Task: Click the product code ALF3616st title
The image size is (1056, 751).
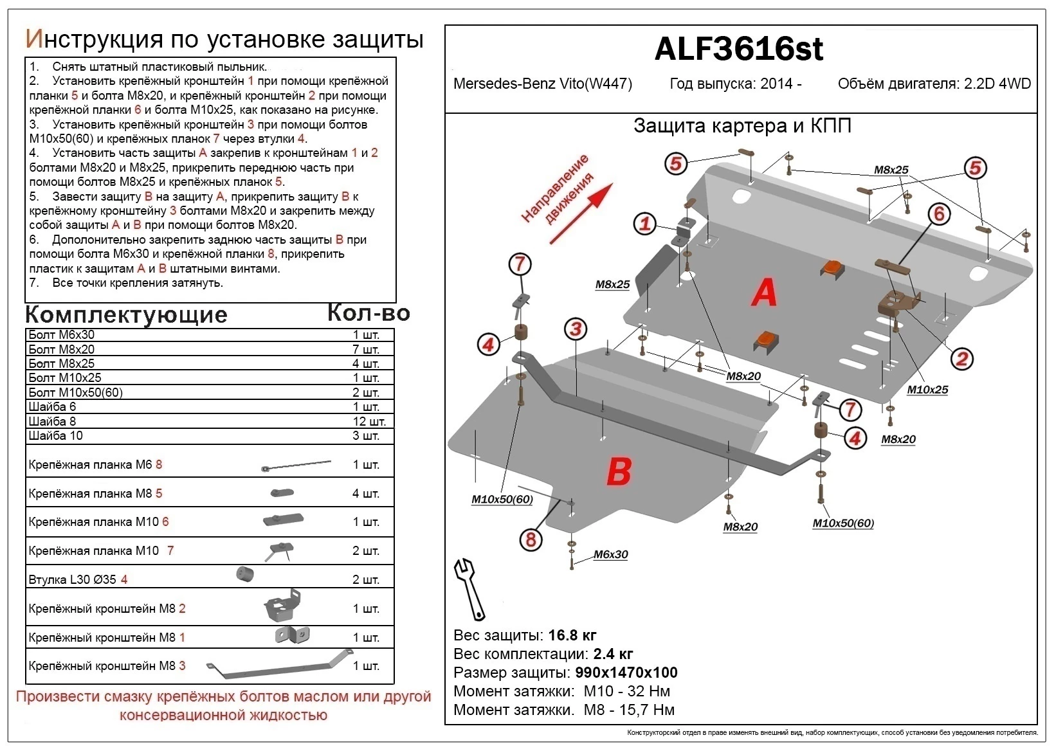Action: [x=738, y=49]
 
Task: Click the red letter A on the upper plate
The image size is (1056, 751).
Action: [x=764, y=293]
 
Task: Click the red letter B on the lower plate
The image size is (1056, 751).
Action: [x=619, y=471]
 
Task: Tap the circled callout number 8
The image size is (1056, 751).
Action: [x=531, y=539]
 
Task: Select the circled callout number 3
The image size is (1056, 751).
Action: [x=576, y=330]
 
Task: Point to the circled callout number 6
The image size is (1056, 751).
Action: [x=939, y=213]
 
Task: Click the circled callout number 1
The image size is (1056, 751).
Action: [x=645, y=224]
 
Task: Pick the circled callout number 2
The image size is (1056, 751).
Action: [x=962, y=359]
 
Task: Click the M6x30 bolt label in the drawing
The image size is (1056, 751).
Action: [x=610, y=554]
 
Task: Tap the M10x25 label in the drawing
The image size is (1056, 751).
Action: [x=927, y=390]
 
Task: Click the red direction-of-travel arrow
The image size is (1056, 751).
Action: [x=581, y=214]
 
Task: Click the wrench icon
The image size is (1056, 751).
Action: [x=469, y=588]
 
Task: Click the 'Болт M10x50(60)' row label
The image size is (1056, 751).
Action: [x=75, y=392]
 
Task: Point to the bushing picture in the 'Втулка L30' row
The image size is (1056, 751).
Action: [x=245, y=574]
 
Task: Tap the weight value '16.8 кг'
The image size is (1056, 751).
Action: [x=572, y=636]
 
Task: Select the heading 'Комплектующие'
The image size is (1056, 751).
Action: [x=126, y=314]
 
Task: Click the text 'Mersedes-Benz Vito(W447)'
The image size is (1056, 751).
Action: [x=542, y=84]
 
